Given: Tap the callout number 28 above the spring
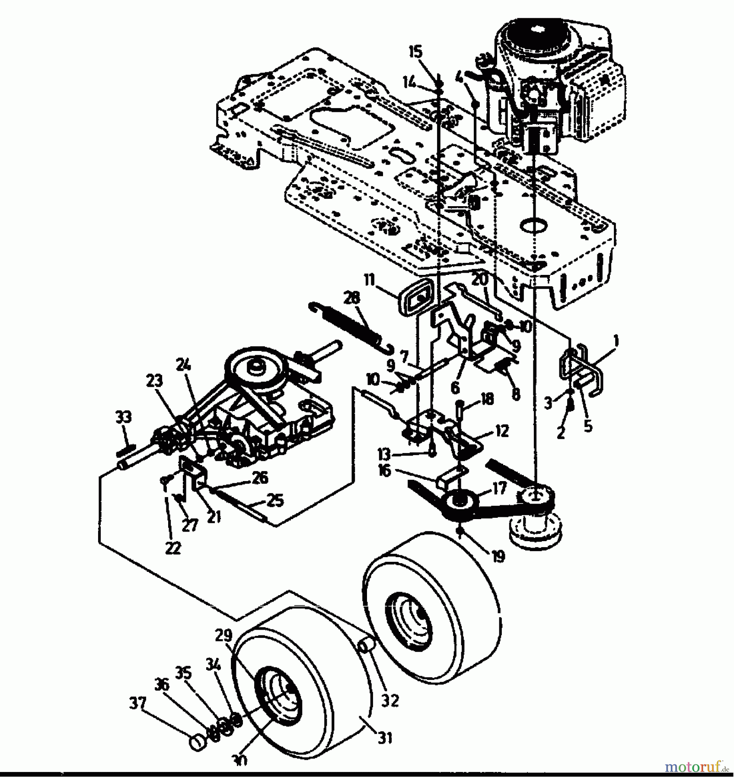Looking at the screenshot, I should pyautogui.click(x=351, y=298).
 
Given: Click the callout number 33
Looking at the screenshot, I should pyautogui.click(x=124, y=418).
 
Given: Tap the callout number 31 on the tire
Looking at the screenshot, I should pyautogui.click(x=384, y=738).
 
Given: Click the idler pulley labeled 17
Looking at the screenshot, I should pyautogui.click(x=462, y=501).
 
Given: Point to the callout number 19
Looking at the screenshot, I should pyautogui.click(x=498, y=556).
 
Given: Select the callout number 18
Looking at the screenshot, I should pyautogui.click(x=487, y=399).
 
